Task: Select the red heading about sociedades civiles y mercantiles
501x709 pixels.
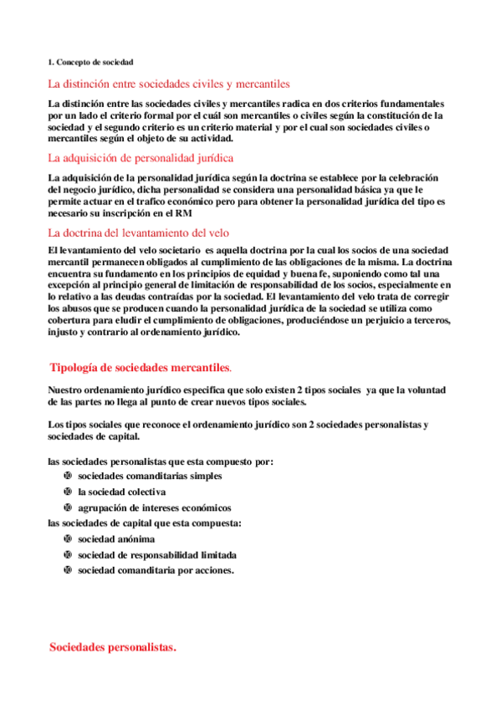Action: coord(168,84)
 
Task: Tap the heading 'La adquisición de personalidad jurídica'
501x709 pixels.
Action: coord(141,157)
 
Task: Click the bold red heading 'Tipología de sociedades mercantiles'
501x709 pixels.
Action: coord(139,368)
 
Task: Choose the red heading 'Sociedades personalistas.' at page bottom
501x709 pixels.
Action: coord(113,647)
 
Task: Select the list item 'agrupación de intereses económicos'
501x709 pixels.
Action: coord(155,508)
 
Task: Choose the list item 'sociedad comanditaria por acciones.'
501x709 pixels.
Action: coord(156,570)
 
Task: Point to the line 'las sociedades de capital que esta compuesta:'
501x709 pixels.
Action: coord(145,523)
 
